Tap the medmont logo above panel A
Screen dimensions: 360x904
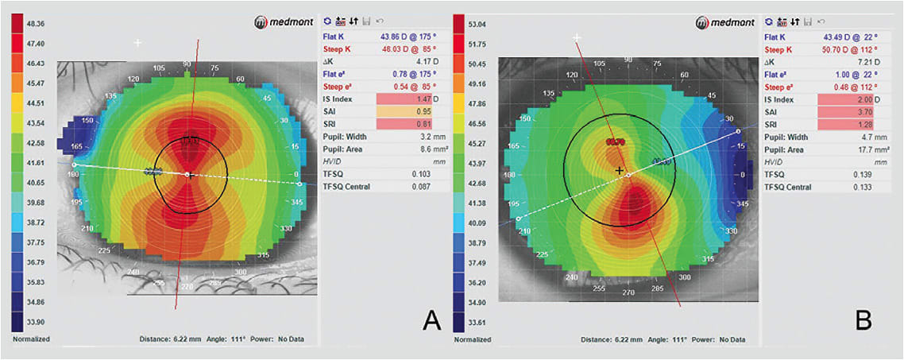pos(286,23)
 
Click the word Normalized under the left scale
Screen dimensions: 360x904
pos(32,339)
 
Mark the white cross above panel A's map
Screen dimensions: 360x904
pos(138,43)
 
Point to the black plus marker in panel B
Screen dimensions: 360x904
pos(620,170)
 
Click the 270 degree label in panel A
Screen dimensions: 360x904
pos(187,286)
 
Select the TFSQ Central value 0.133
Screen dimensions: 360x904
pos(860,187)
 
